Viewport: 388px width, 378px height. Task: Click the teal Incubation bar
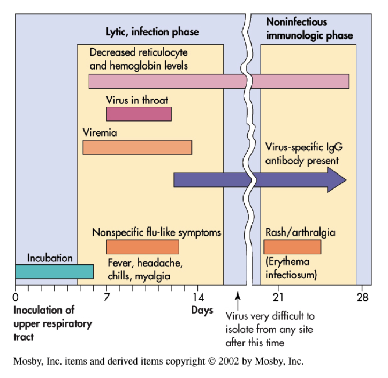[x=54, y=271]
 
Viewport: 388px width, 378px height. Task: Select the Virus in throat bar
[x=139, y=114]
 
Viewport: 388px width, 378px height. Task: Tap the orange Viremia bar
[x=137, y=147]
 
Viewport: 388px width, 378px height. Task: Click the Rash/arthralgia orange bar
[x=292, y=247]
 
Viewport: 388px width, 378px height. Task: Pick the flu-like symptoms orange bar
[x=142, y=247]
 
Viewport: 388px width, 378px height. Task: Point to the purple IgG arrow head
[x=337, y=179]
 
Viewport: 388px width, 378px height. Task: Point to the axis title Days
[x=202, y=311]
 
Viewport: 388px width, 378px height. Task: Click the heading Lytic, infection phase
[x=151, y=32]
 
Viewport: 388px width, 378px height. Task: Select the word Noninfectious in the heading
[x=296, y=22]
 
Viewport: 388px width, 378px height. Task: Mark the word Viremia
[x=100, y=132]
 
